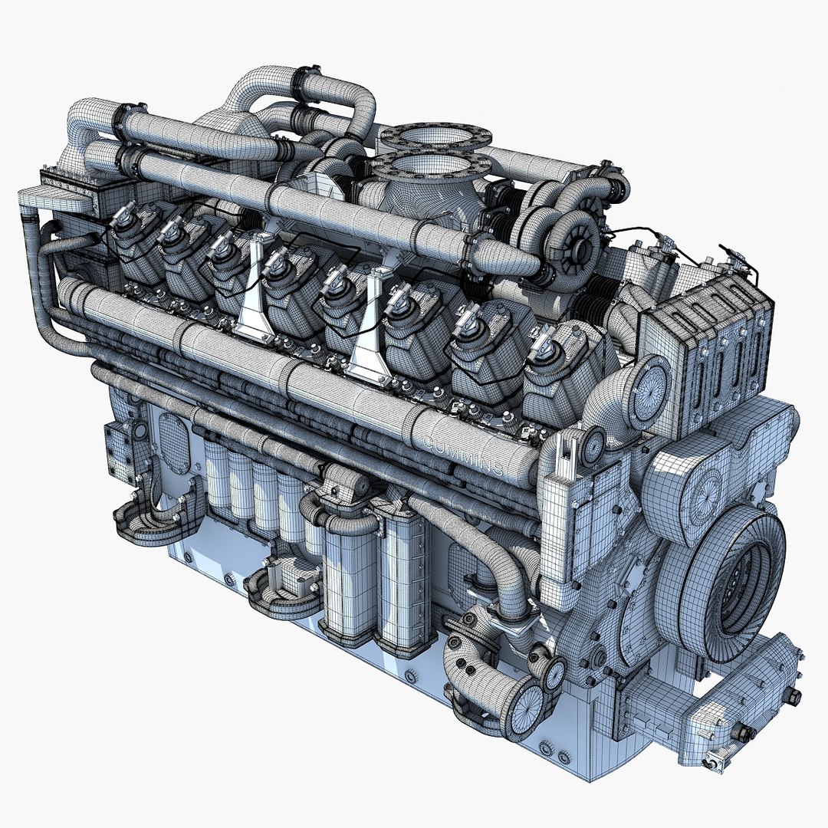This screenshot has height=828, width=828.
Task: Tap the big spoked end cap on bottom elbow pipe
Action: coord(527,705)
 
